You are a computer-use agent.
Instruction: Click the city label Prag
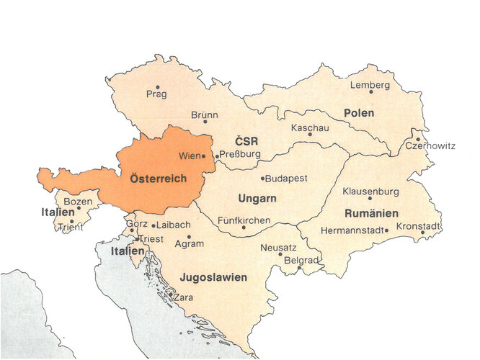[x=156, y=94]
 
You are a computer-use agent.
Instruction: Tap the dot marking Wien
[x=203, y=156]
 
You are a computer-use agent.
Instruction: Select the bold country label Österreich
[x=158, y=179]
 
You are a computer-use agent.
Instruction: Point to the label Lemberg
[x=370, y=85]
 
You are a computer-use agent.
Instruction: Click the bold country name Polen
[x=358, y=113]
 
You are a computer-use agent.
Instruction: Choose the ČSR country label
[x=246, y=140]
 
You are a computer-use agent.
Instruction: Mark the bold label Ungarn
[x=257, y=197]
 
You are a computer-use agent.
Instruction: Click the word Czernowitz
[x=430, y=145]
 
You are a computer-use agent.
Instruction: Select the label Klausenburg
[x=370, y=192]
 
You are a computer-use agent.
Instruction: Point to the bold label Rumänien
[x=371, y=213]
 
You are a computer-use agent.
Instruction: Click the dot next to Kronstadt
[x=423, y=233]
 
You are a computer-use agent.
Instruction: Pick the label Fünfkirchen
[x=244, y=220]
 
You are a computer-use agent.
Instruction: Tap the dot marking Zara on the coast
[x=169, y=294]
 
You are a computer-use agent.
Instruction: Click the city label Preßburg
[x=240, y=154]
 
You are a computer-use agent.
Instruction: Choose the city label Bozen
[x=78, y=202]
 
